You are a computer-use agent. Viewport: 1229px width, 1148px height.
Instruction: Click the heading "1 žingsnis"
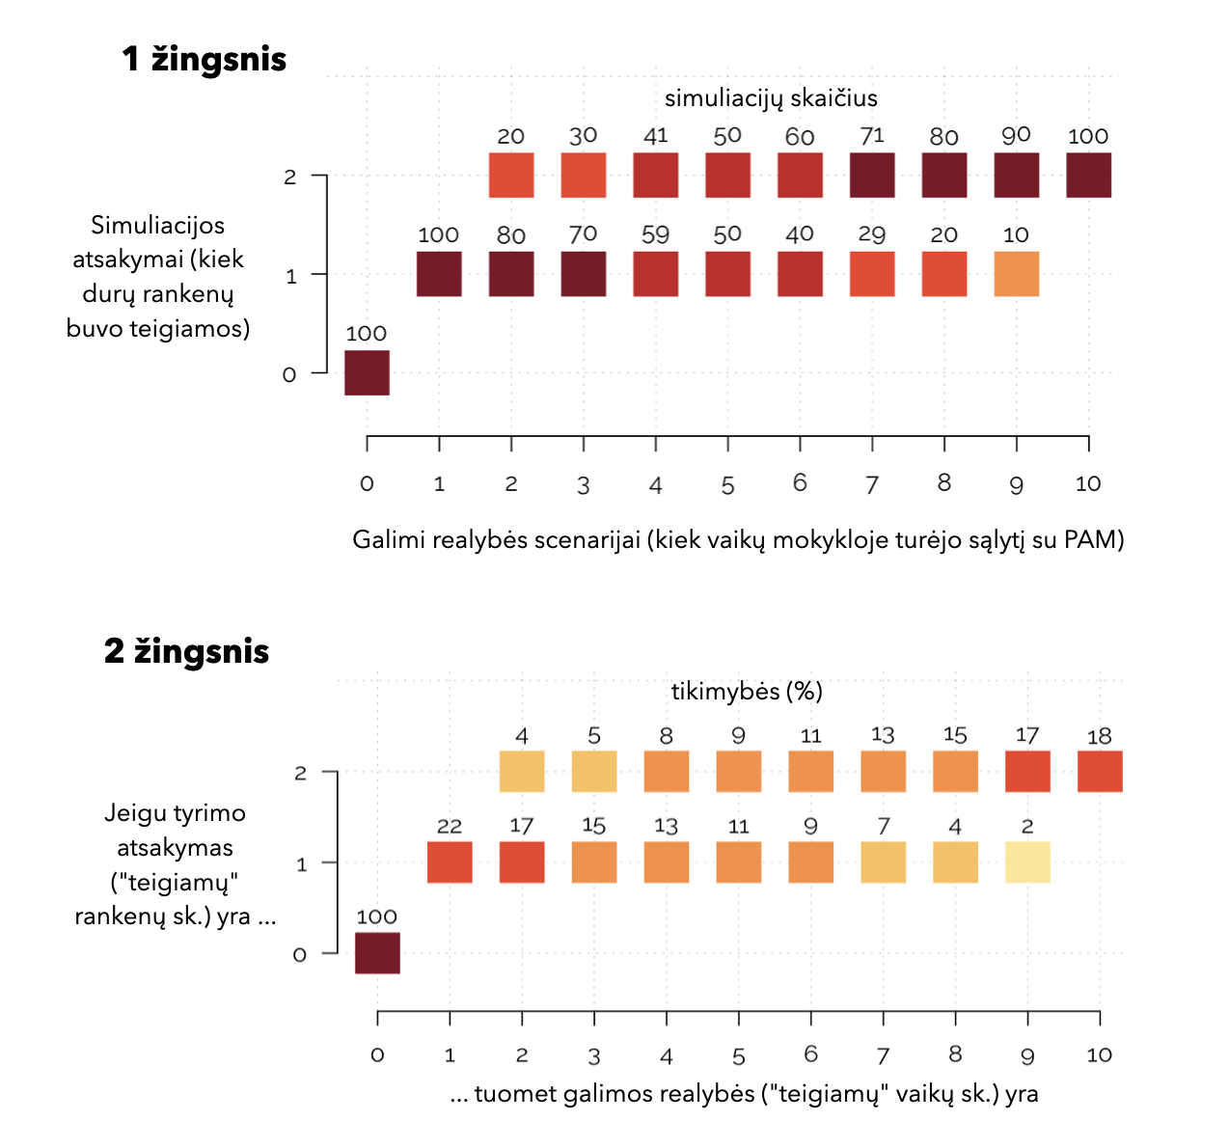coord(205,60)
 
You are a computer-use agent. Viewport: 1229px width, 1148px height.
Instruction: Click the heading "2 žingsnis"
coord(186,651)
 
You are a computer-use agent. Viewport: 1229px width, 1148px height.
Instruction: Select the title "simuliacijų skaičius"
coord(771,97)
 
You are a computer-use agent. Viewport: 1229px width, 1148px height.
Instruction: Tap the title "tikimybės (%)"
coord(747,691)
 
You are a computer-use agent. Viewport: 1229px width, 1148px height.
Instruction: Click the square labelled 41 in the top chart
coord(656,176)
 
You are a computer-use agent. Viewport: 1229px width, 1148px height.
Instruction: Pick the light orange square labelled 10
coord(1017,274)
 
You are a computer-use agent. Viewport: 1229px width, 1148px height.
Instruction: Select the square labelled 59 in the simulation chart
coord(656,274)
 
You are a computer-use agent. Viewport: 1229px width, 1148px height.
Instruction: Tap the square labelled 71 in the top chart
coord(872,176)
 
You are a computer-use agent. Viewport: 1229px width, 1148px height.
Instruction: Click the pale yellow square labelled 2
coord(1027,862)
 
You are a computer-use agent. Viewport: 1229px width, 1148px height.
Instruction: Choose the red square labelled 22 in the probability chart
coord(450,862)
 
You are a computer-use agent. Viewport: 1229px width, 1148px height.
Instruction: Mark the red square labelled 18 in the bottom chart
coord(1100,772)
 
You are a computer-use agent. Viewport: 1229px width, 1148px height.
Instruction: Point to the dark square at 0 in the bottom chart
coord(377,953)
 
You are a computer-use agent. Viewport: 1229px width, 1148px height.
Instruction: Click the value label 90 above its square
coord(1016,136)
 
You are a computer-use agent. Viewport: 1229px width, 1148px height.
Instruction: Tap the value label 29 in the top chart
coord(872,234)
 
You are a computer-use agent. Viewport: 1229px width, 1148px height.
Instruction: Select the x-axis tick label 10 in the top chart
coord(1088,484)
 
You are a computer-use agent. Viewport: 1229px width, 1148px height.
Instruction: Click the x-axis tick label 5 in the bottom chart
coord(739,1056)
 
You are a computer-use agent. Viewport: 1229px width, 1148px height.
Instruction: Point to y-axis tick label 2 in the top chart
coord(289,178)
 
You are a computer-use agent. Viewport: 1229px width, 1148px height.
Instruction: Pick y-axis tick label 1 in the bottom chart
coord(301,864)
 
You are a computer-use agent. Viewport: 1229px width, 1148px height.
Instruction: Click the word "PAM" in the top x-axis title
coord(1089,539)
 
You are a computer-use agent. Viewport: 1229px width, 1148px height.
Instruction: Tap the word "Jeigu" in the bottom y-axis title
coord(135,813)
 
